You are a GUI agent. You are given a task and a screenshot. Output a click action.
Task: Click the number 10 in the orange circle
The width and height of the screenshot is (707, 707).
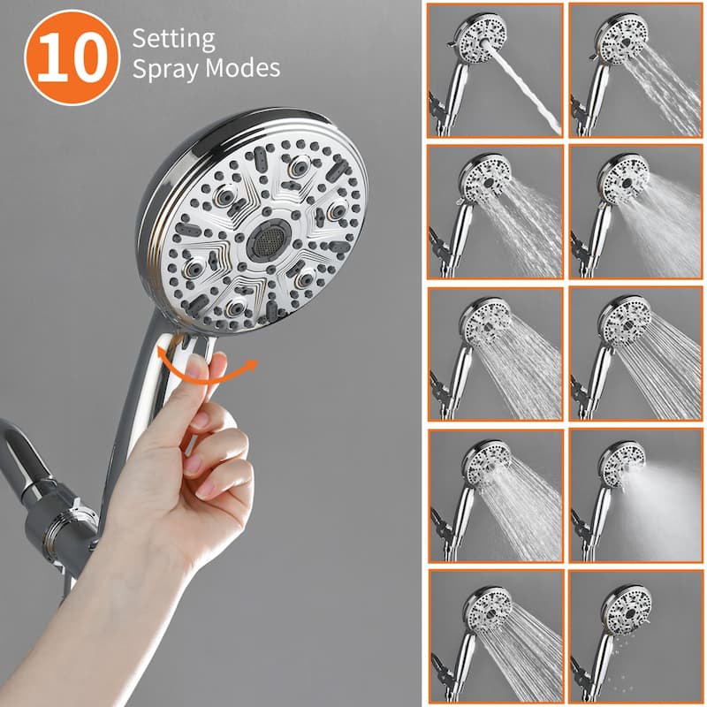72,57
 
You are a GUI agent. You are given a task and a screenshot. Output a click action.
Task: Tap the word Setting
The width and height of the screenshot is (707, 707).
173,39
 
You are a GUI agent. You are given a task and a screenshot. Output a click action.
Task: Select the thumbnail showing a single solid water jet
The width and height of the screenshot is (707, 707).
495,70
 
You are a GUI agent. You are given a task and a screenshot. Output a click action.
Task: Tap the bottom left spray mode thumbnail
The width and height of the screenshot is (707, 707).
495,635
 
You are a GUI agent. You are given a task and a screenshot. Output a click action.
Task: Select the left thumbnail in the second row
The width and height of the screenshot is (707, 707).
495,211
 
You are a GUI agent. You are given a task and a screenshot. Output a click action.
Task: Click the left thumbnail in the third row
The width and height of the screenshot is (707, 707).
495,353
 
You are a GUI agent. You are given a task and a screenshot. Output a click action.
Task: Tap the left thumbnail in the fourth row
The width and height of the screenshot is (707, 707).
495,494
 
